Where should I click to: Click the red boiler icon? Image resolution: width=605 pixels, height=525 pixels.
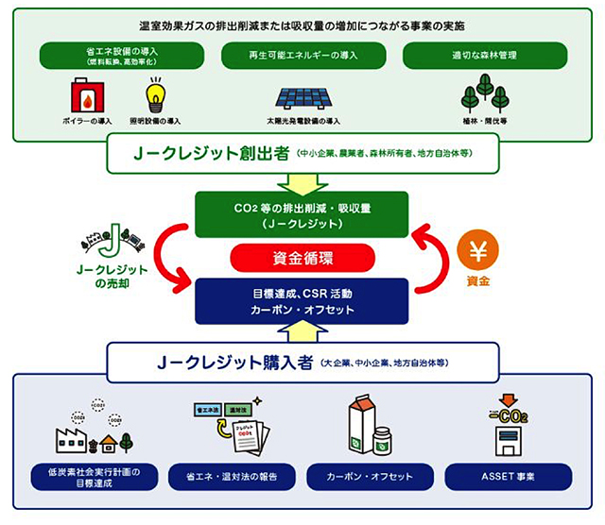pyautogui.click(x=90, y=95)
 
